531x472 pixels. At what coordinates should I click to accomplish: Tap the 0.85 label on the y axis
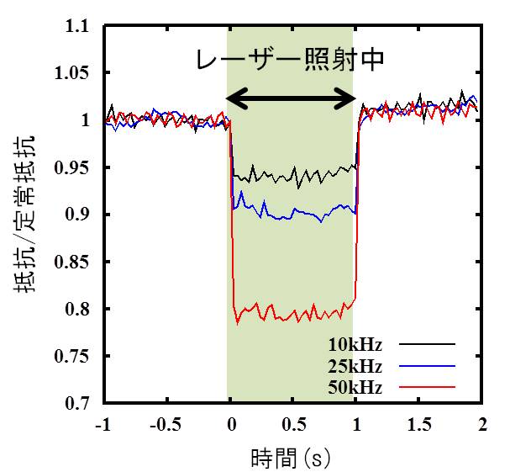coord(73,263)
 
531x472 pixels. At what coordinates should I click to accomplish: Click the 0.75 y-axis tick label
coord(73,357)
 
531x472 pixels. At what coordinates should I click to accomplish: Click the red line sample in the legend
coord(426,387)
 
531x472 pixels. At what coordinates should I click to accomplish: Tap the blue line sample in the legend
coord(426,366)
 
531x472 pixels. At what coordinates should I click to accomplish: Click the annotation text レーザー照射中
coord(290,61)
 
